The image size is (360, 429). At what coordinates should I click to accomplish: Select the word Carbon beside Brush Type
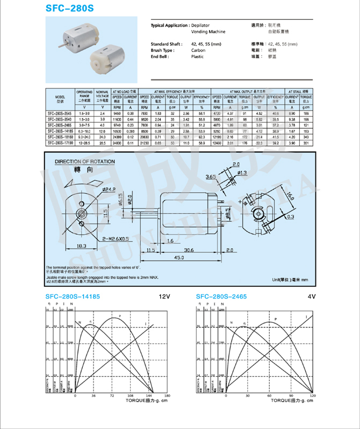[x=198, y=50]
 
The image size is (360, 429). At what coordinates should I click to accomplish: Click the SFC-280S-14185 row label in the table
[x=60, y=131]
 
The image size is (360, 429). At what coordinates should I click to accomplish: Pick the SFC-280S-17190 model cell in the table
[x=60, y=143]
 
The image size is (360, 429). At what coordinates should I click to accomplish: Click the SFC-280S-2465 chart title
[x=221, y=296]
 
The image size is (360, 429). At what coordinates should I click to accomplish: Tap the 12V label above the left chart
[x=163, y=296]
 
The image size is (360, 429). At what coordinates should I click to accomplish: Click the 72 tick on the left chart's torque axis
[x=113, y=395]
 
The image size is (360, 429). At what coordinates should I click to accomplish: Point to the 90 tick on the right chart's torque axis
[x=291, y=395]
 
